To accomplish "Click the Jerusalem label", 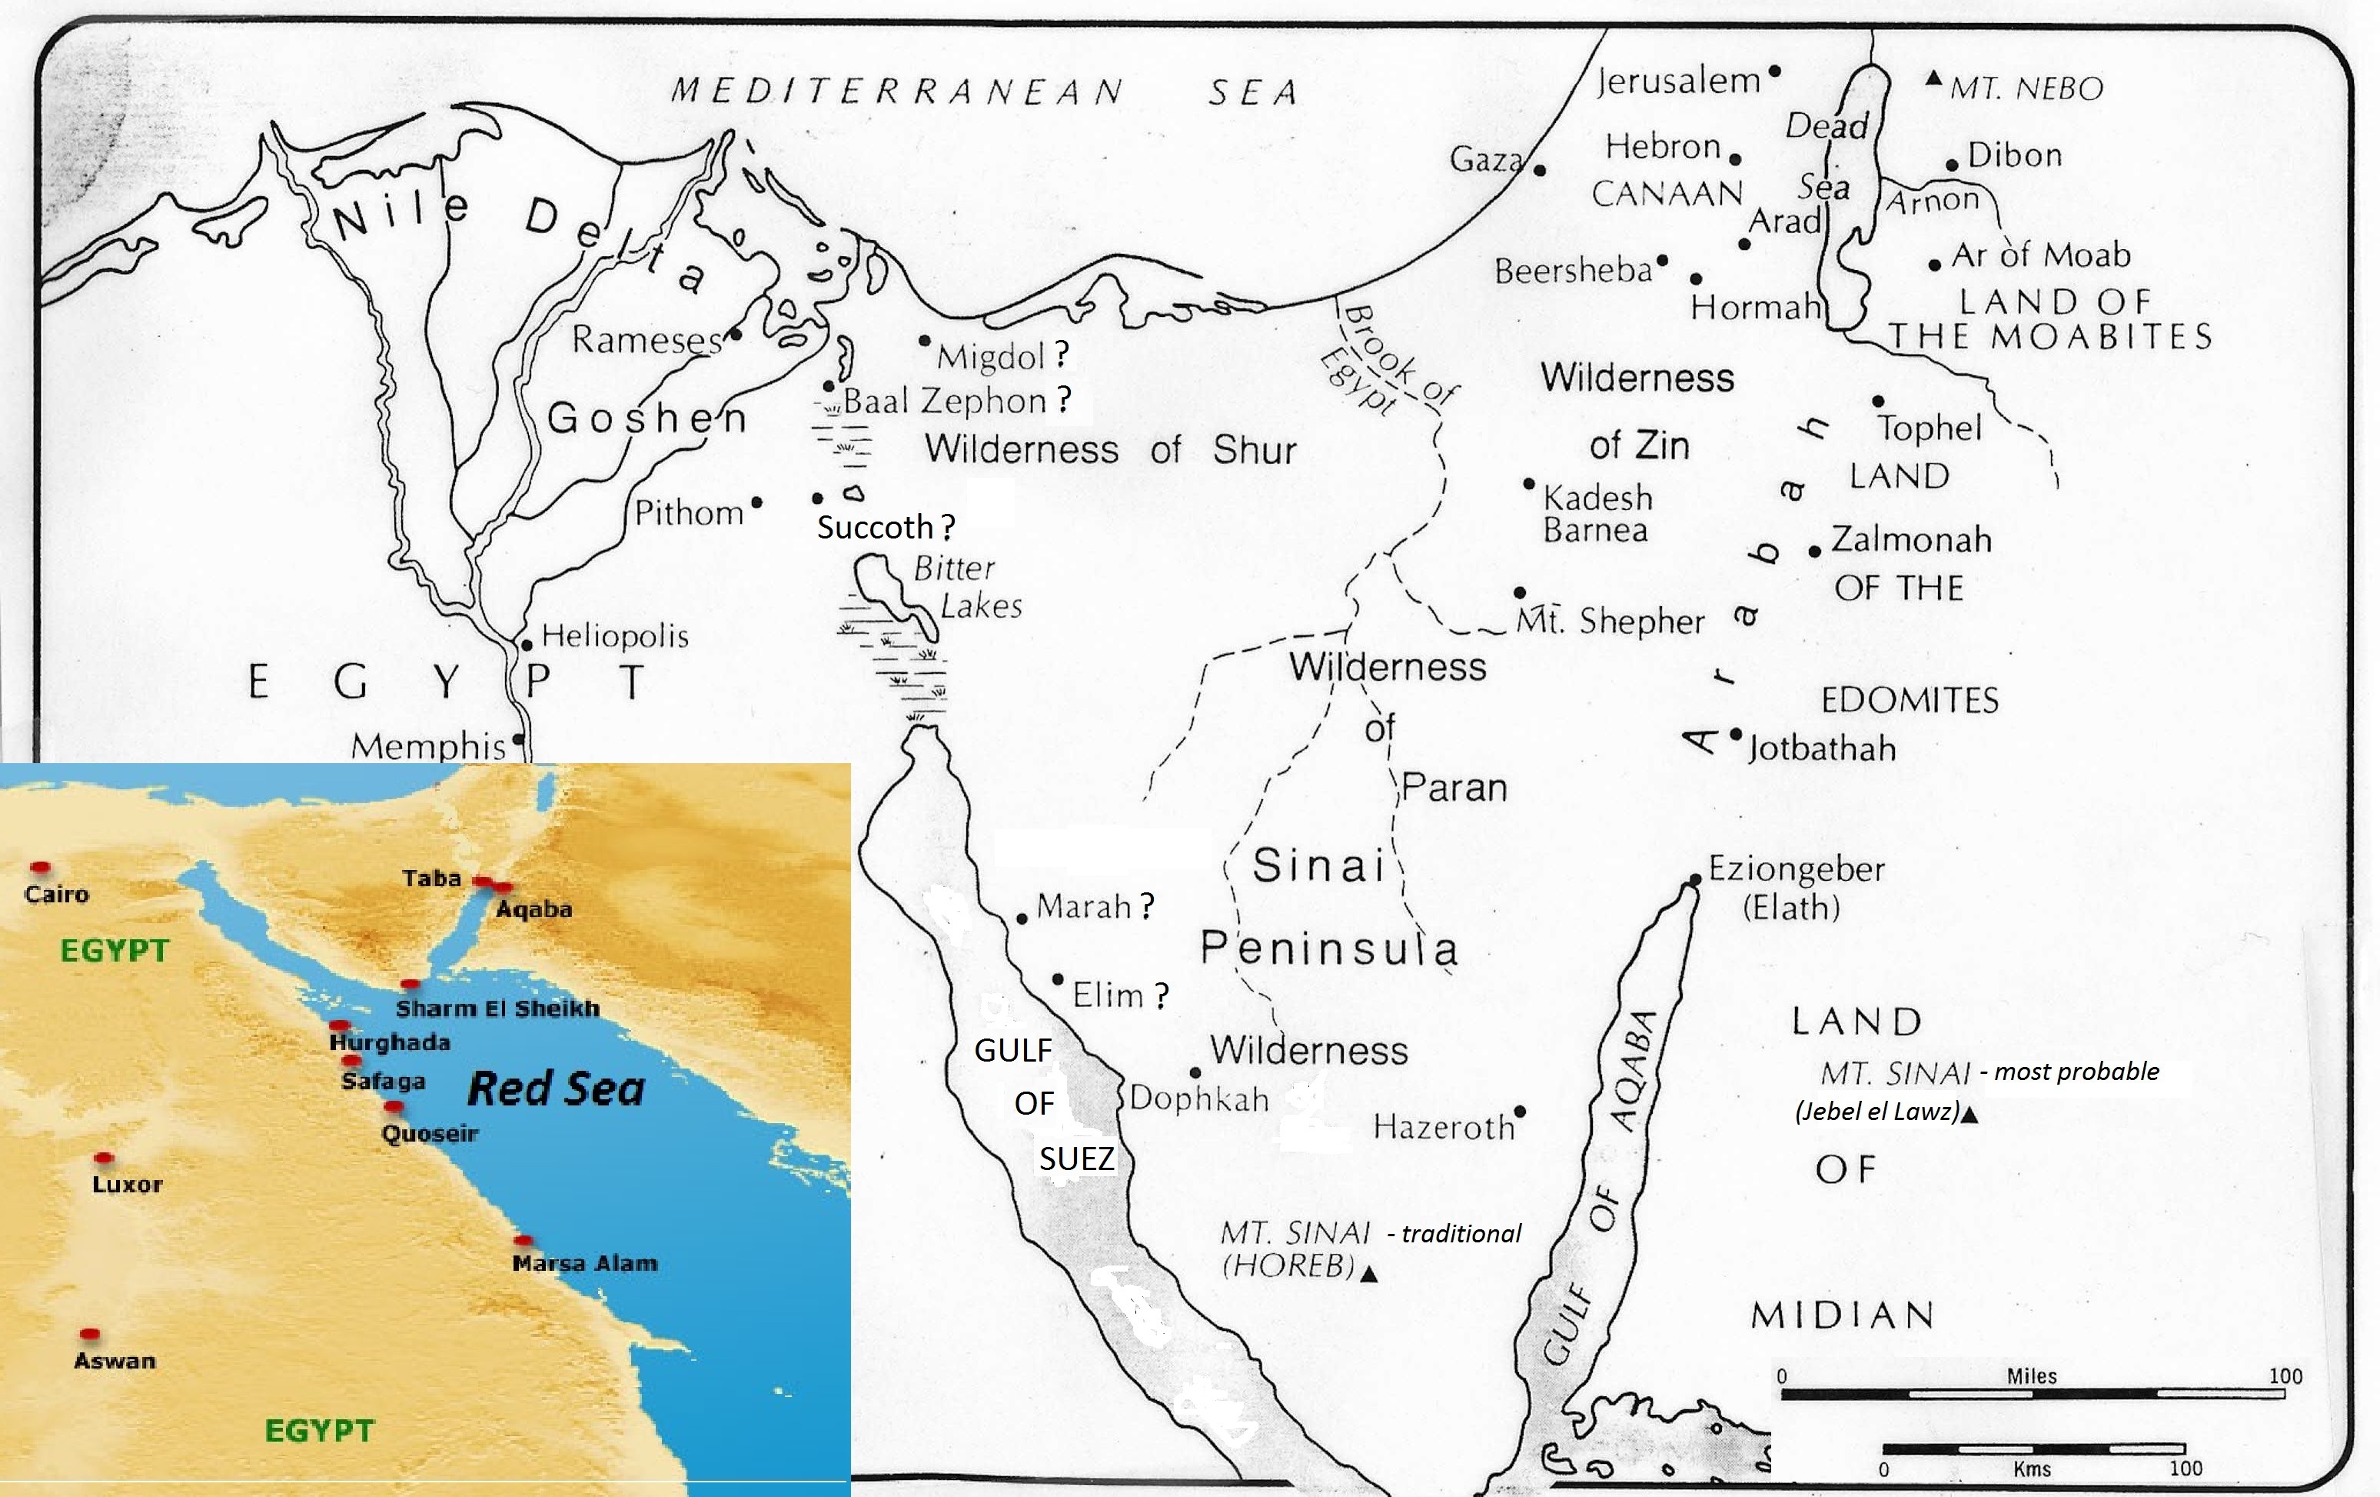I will click(x=1677, y=81).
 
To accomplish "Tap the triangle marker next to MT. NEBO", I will click(x=1934, y=79).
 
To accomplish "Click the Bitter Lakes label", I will click(x=966, y=586).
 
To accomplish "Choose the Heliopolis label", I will click(x=615, y=635).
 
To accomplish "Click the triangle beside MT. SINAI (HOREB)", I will click(x=1369, y=1275).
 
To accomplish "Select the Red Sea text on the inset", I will click(x=556, y=1089).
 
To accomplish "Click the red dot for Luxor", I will click(x=104, y=1158).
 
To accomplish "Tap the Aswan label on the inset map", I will click(x=115, y=1361).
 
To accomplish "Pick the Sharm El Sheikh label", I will click(x=497, y=1009).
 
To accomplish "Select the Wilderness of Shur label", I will click(x=1110, y=450).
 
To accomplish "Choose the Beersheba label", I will click(x=1574, y=271).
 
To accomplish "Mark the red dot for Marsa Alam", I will click(x=524, y=1240).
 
